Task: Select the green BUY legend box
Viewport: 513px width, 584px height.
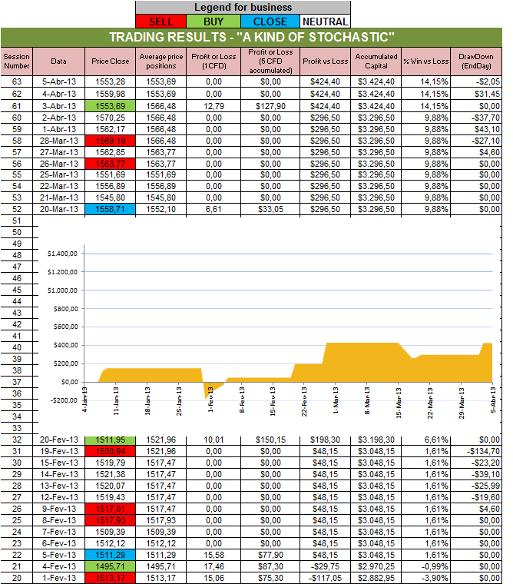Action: pos(220,22)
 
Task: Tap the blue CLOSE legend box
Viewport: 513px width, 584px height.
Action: pos(271,22)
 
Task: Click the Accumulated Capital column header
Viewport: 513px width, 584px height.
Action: pos(376,60)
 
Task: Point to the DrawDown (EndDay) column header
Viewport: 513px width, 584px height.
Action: pos(478,60)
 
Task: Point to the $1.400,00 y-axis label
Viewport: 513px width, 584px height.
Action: pos(63,254)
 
